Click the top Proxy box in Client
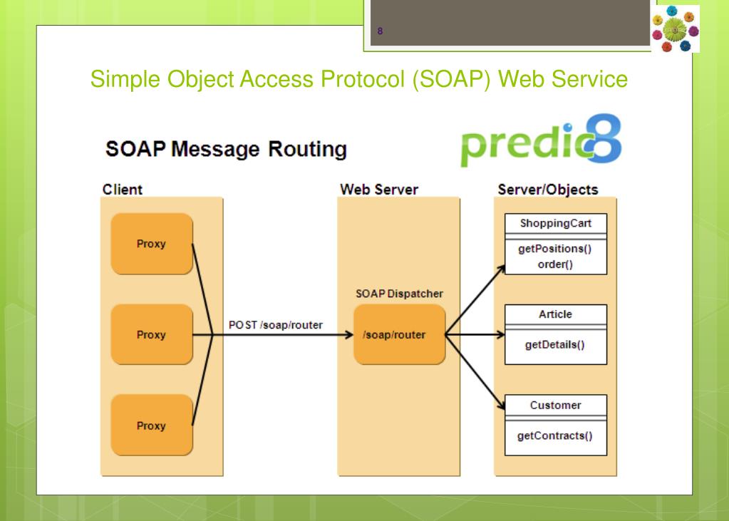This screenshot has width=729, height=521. coord(152,244)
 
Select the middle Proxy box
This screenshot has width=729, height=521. coord(152,334)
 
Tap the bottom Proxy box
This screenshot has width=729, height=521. coord(152,425)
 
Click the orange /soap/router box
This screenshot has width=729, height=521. coord(399,334)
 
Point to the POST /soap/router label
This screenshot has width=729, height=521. coord(276,325)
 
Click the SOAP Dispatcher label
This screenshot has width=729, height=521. coord(399,294)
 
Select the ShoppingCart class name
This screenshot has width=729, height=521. coord(556,223)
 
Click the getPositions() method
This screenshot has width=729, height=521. coord(555,249)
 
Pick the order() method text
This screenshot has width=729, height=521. coord(555,264)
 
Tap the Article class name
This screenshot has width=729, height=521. coord(556,314)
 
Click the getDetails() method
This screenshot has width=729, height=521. coord(555,345)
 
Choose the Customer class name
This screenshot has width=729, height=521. coord(556,405)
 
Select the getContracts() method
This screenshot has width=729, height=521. coord(555,436)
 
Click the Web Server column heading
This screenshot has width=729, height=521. coord(379,190)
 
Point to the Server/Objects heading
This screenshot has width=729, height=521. coord(548,190)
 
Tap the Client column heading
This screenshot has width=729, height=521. coord(123,190)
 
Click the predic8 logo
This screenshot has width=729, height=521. coord(541,140)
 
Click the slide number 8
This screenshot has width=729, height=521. coord(380,31)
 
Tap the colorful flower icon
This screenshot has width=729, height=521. coord(676,29)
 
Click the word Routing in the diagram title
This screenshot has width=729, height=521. coord(307,150)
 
